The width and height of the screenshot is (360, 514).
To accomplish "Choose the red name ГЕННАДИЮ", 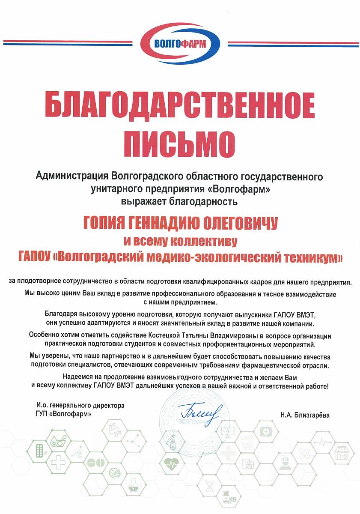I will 166,223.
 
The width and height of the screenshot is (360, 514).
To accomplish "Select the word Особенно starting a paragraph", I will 45,335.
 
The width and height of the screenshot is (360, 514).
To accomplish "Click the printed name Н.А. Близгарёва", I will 306,415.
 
